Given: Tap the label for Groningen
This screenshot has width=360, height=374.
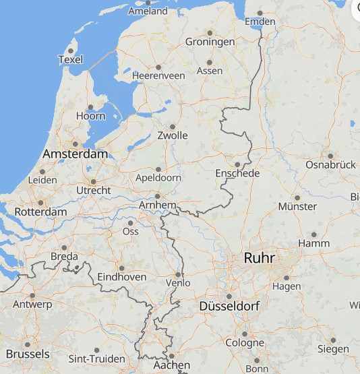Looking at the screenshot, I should [x=210, y=42].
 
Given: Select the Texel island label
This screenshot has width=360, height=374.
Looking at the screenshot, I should [x=70, y=59].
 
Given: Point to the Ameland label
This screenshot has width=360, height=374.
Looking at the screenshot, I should [x=148, y=11].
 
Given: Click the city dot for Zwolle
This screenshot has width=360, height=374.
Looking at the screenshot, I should [x=173, y=126].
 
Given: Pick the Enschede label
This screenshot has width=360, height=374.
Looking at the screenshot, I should [x=237, y=173].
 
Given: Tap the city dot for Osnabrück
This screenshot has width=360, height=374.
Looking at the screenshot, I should [x=330, y=156].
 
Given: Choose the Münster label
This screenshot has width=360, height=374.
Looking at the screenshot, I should [x=297, y=206].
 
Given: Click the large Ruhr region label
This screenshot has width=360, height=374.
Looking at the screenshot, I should [x=260, y=257].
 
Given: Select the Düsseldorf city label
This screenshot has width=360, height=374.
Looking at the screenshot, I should [x=229, y=307].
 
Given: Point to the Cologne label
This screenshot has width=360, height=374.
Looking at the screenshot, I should [x=245, y=342].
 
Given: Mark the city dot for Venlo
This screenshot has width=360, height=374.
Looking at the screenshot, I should [x=178, y=274].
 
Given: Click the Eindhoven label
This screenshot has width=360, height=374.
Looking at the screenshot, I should [x=122, y=277].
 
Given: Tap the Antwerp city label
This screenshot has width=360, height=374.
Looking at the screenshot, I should [x=32, y=305].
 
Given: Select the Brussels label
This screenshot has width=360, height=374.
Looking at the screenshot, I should [x=27, y=354].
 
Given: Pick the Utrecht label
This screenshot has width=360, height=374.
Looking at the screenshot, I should [x=94, y=191].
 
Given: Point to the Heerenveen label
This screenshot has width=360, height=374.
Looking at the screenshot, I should [x=158, y=76].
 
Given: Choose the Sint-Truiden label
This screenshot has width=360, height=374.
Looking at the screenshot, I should [x=96, y=359].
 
